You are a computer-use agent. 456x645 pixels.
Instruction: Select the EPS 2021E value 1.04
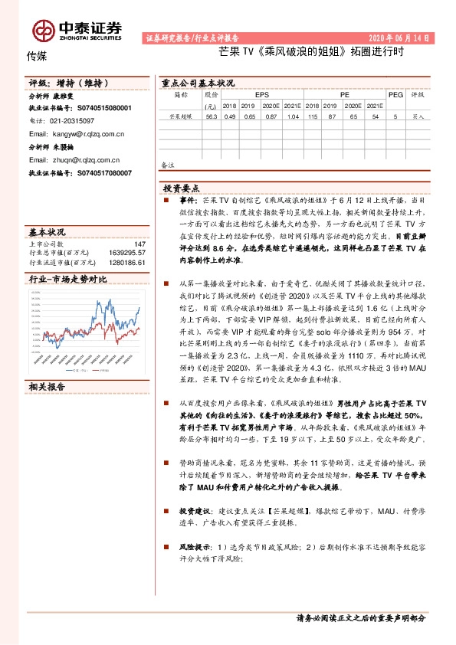point(292,117)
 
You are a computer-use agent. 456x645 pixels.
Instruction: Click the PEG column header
point(395,94)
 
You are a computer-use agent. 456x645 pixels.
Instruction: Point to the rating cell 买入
point(418,117)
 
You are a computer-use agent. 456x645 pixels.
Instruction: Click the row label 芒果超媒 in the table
point(181,117)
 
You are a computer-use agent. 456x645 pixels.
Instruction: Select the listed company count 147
point(139,244)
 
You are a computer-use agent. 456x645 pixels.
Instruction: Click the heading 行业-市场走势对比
point(67,280)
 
